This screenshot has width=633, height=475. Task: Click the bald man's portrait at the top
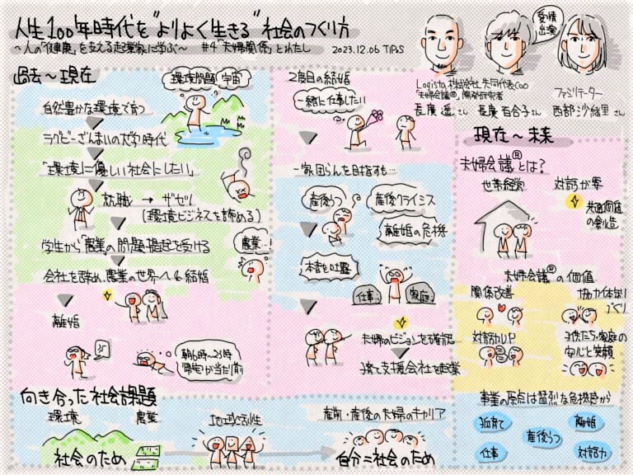[439, 39]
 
